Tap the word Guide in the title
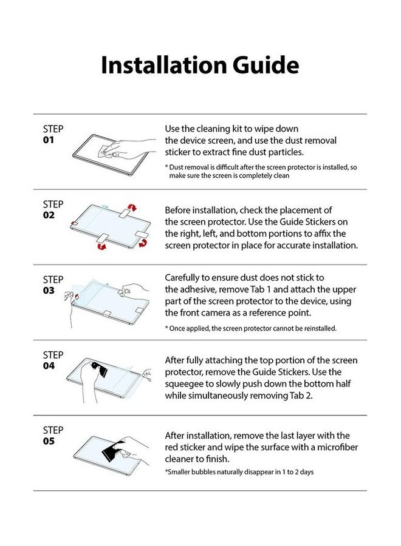[x=265, y=65]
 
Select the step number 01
[x=49, y=140]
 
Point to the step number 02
[x=49, y=215]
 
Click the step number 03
[x=49, y=290]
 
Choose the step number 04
[x=49, y=365]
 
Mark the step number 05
[x=49, y=440]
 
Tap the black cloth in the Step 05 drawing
[x=106, y=450]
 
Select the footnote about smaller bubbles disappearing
[x=239, y=471]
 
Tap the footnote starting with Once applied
[x=250, y=328]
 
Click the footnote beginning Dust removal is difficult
[x=261, y=171]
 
